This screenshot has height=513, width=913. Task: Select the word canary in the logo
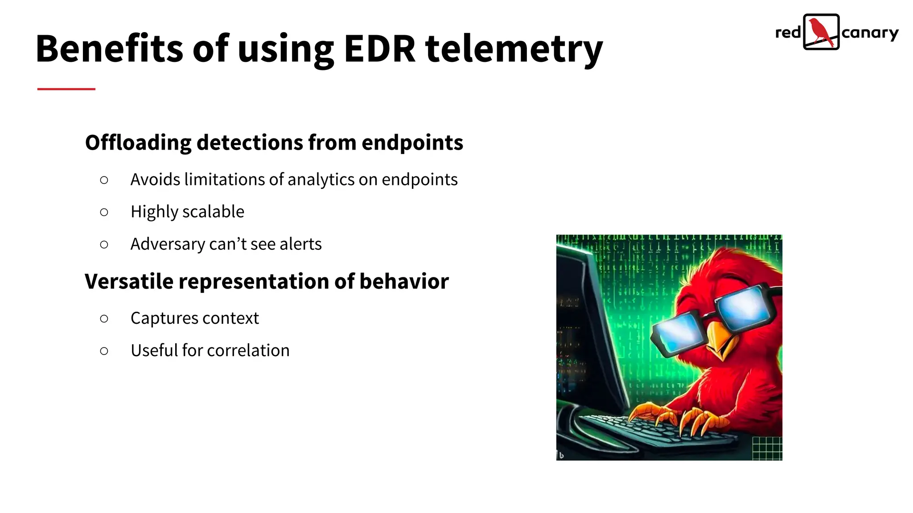(870, 33)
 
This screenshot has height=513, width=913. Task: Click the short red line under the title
(66, 89)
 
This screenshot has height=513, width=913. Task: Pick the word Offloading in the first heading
(138, 143)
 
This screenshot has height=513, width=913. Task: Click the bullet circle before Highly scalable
(104, 212)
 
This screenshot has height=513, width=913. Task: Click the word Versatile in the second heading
(129, 281)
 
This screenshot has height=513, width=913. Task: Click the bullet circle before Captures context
(104, 319)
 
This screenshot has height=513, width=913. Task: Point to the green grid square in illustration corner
(767, 448)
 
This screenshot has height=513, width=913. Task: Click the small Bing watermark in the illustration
(561, 455)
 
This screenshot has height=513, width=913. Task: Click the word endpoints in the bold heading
(412, 143)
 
